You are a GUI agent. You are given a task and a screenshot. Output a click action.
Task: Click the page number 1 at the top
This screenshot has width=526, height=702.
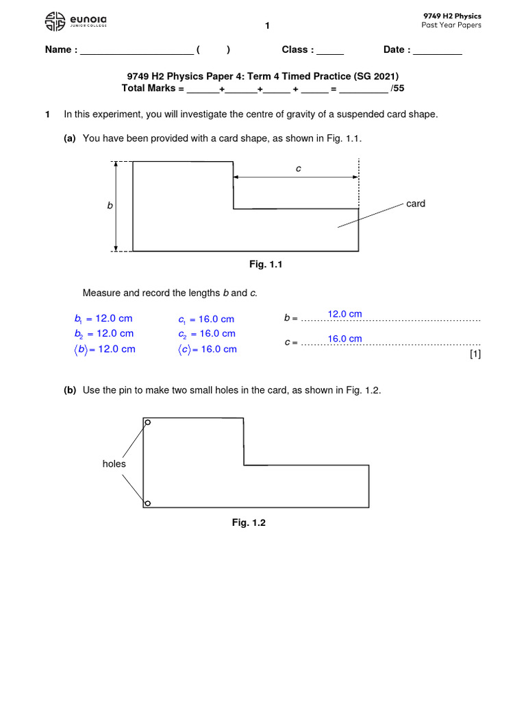pyautogui.click(x=268, y=26)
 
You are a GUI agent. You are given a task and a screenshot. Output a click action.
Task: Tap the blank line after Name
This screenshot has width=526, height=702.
pyautogui.click(x=137, y=51)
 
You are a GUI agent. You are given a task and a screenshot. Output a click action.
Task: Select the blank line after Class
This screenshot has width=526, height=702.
pyautogui.click(x=330, y=51)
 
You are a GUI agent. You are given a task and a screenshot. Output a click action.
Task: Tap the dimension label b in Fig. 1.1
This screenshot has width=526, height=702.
pyautogui.click(x=109, y=206)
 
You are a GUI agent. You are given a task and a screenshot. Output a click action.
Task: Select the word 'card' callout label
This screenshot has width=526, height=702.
pyautogui.click(x=416, y=204)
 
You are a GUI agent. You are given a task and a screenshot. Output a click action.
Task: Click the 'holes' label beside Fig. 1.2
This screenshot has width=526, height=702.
pyautogui.click(x=114, y=464)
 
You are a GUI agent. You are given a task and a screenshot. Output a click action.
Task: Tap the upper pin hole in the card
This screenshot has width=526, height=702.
pyautogui.click(x=148, y=423)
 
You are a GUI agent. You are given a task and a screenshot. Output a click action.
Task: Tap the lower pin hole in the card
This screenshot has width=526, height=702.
pyautogui.click(x=148, y=504)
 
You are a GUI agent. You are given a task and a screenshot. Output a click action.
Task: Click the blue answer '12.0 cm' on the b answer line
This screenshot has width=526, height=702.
pyautogui.click(x=345, y=314)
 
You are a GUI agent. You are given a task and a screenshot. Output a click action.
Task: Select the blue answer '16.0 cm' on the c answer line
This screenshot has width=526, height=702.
pyautogui.click(x=345, y=339)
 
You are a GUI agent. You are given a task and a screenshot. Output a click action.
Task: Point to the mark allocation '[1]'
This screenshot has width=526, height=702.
pyautogui.click(x=475, y=354)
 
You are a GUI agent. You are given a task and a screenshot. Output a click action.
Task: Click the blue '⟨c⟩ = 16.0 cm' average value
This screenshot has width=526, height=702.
pyautogui.click(x=207, y=349)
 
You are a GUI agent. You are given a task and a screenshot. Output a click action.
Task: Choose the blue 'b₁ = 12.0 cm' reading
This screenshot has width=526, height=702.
pyautogui.click(x=103, y=319)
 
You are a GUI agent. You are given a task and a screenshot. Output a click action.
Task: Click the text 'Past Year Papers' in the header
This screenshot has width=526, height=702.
pyautogui.click(x=451, y=25)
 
